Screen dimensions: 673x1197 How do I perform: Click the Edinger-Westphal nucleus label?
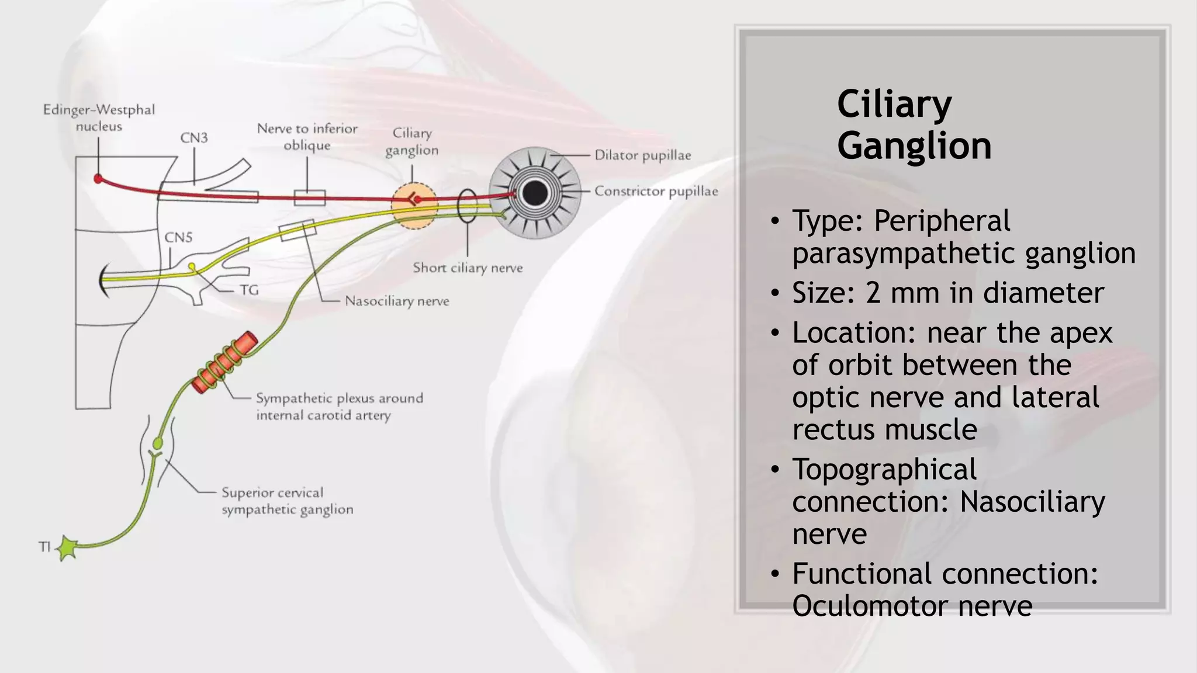(x=99, y=118)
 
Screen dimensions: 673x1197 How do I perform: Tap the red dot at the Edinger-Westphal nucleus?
(x=98, y=178)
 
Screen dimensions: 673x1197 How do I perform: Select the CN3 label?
(x=193, y=138)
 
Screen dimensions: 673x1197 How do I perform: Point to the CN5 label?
(x=178, y=237)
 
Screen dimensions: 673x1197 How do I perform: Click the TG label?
(x=249, y=290)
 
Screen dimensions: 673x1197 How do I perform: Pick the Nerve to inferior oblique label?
(x=307, y=137)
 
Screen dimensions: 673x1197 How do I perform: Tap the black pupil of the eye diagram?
(x=535, y=193)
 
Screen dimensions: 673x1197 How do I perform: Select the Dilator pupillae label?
(x=642, y=155)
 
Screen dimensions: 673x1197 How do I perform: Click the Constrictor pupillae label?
(x=656, y=192)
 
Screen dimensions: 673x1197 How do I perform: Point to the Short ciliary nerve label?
(x=468, y=268)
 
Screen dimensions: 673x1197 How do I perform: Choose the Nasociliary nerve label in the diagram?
(x=397, y=301)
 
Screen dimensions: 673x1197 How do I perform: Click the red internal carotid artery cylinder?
(x=224, y=363)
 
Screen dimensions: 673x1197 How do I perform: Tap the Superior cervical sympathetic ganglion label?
(x=287, y=501)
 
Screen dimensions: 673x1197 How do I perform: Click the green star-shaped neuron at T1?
(x=67, y=548)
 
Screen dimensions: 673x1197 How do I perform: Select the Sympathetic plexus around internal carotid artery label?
(x=339, y=407)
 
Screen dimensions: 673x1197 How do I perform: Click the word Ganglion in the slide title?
(x=914, y=145)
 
